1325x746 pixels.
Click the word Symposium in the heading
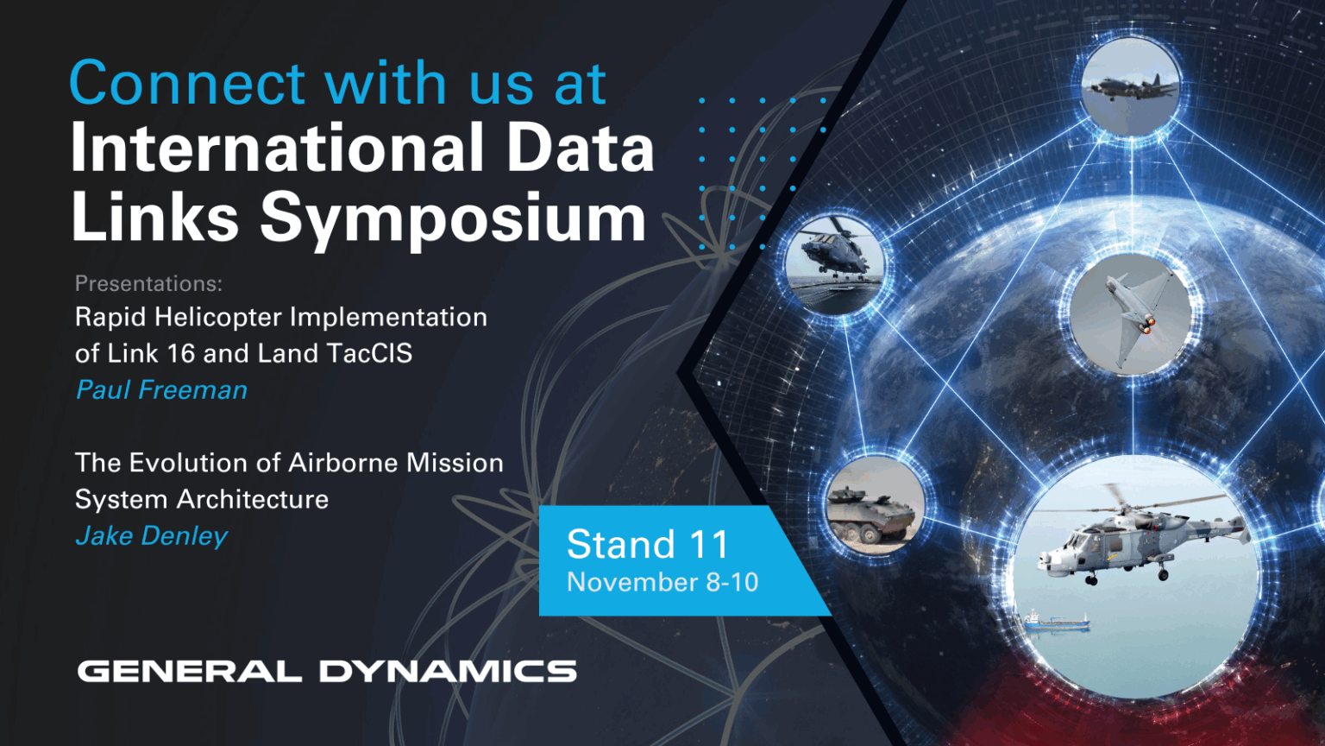[x=453, y=218]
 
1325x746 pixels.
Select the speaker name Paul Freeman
[x=161, y=390]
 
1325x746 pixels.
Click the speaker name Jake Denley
[x=152, y=536]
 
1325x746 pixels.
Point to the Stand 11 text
[x=648, y=545]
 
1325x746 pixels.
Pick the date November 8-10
[x=662, y=583]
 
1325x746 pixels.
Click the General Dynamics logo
[x=327, y=671]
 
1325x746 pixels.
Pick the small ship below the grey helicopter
[x=1055, y=621]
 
